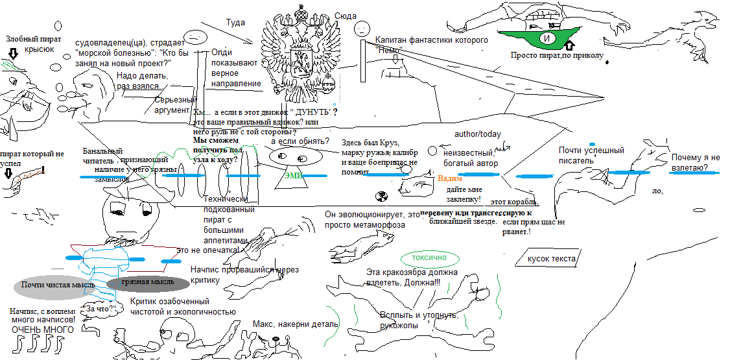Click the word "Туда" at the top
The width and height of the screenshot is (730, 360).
[x=235, y=23]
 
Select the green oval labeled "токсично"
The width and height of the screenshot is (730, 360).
[x=429, y=258]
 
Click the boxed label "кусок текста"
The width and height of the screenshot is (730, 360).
[x=551, y=259]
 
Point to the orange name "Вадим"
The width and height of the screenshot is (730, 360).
[x=451, y=178]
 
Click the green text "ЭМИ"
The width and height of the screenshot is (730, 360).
[x=293, y=175]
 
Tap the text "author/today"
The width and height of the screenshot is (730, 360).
[x=477, y=134]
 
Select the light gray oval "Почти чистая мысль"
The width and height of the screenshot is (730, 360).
[x=58, y=284]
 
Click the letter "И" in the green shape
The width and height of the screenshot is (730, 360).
[x=547, y=39]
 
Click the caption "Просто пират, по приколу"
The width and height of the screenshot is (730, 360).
[x=556, y=56]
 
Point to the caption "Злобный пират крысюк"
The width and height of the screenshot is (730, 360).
[x=34, y=44]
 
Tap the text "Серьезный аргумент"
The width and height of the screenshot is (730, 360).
[x=175, y=105]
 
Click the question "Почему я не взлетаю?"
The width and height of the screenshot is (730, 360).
[x=696, y=163]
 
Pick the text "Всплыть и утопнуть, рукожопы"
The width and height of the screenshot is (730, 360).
[x=420, y=320]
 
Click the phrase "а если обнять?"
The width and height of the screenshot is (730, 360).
[x=300, y=141]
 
